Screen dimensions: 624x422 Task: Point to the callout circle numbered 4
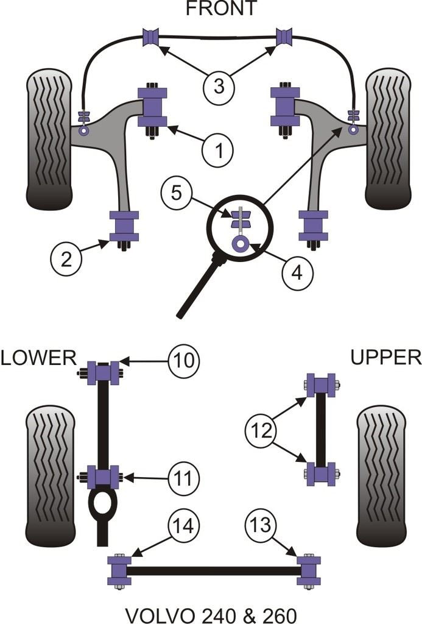pyautogui.click(x=297, y=272)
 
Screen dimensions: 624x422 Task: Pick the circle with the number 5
pyautogui.click(x=176, y=194)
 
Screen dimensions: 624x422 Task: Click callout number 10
pyautogui.click(x=183, y=360)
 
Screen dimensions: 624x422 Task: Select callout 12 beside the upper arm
pyautogui.click(x=261, y=431)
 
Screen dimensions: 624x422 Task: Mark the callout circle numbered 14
pyautogui.click(x=183, y=525)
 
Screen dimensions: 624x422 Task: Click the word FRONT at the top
pyautogui.click(x=221, y=9)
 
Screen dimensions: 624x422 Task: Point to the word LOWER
pyautogui.click(x=38, y=357)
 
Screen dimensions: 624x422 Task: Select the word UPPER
pyautogui.click(x=386, y=357)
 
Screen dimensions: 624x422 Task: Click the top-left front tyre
pyautogui.click(x=49, y=139)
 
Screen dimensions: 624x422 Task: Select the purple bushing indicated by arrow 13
pyautogui.click(x=308, y=570)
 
